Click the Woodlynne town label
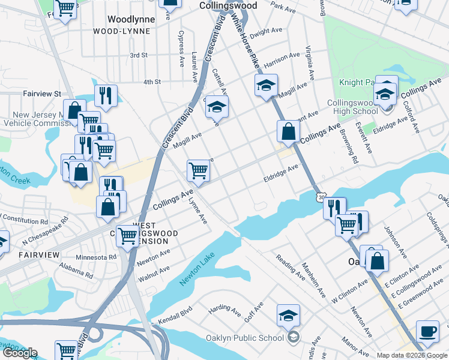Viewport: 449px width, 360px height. (x=131, y=19)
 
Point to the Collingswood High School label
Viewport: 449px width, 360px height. (x=353, y=107)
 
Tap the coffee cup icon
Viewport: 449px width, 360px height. (x=428, y=331)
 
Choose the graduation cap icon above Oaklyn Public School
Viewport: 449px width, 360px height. (x=289, y=315)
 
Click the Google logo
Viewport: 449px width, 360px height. (x=20, y=353)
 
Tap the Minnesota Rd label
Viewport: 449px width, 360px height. (x=96, y=257)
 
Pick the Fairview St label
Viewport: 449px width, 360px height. (x=42, y=94)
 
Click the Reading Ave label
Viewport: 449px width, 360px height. (x=291, y=268)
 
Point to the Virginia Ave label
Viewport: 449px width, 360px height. (x=310, y=62)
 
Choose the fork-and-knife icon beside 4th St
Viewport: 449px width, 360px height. (x=106, y=95)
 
